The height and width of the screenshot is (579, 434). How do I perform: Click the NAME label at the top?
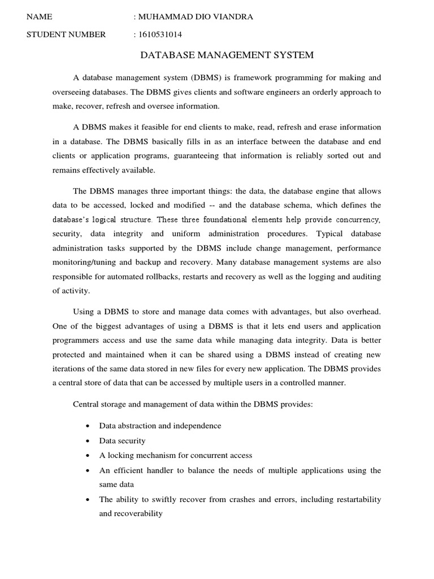coord(39,17)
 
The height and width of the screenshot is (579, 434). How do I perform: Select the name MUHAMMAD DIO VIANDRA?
coord(196,17)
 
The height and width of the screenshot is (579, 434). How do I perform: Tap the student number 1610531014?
coord(160,34)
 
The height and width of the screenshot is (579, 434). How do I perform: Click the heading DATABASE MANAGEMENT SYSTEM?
coord(227,55)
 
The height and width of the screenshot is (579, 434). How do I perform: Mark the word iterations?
coord(70,368)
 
